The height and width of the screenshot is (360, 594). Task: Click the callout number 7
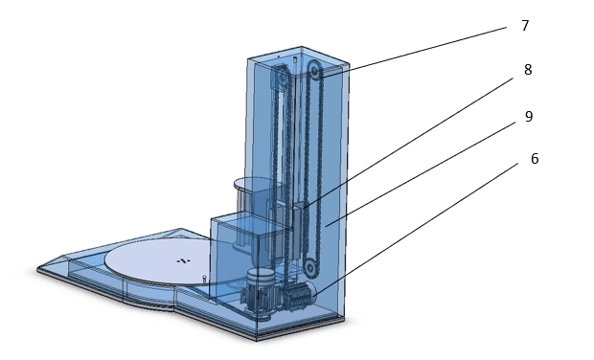click(x=525, y=26)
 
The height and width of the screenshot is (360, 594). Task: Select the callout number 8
click(x=528, y=70)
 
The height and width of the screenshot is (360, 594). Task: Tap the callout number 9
click(x=529, y=117)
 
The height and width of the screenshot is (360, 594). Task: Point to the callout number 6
click(x=535, y=159)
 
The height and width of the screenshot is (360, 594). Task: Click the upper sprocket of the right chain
click(x=314, y=70)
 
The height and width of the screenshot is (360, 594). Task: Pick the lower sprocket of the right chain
click(x=310, y=267)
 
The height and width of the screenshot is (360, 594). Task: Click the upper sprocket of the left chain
click(x=281, y=79)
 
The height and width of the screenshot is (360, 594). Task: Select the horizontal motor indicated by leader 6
click(x=300, y=296)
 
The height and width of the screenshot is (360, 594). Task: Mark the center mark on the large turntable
click(x=183, y=260)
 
